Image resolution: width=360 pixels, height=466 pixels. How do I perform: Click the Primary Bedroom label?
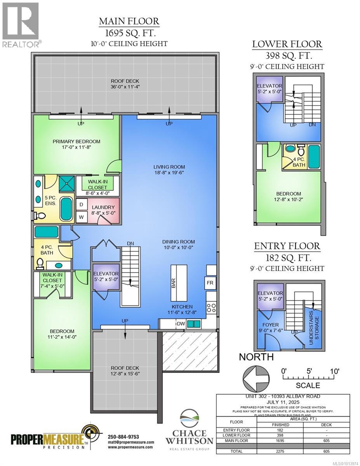point(77,141)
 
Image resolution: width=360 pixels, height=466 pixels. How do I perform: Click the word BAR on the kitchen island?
point(174,282)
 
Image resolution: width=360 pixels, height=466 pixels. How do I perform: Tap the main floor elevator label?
point(105,274)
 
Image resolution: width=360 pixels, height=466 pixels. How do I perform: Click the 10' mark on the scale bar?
point(334,371)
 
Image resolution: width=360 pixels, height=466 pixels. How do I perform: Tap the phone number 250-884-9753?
point(123,437)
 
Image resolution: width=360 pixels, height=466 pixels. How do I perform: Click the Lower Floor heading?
point(287,44)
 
